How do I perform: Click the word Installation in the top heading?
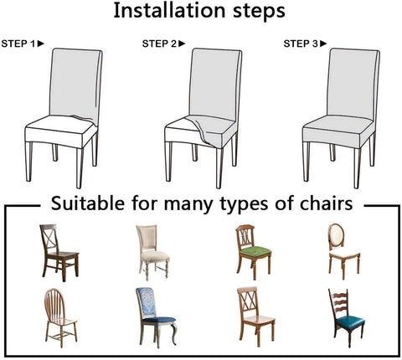point(169,11)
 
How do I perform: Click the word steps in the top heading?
point(259,12)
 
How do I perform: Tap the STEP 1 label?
point(18,44)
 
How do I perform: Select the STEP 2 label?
point(160,44)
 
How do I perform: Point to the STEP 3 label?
point(301,44)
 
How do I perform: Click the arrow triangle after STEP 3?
point(323,44)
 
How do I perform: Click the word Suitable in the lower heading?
point(88,203)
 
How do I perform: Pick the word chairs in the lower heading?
point(326,203)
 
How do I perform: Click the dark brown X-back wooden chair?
point(59,252)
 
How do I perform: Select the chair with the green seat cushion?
point(253,252)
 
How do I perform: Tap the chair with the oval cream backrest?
point(344,251)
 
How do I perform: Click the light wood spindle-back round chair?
point(60,318)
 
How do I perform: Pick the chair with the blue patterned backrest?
point(157,316)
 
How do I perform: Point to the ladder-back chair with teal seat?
point(346,318)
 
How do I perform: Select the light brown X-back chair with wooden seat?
point(255,316)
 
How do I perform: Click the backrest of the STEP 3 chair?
point(353,84)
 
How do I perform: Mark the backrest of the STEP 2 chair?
point(215,84)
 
